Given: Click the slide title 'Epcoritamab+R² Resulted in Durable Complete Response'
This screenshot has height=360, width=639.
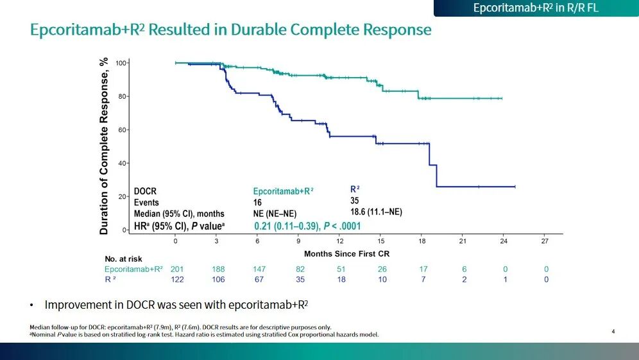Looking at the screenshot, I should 231,30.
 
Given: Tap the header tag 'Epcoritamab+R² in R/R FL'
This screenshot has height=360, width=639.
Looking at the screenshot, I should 536,8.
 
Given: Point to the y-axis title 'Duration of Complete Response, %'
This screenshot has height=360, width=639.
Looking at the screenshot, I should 104,146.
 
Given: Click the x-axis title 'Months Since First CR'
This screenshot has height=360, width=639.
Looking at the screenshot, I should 346,254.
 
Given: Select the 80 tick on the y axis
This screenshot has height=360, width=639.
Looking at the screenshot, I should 121,96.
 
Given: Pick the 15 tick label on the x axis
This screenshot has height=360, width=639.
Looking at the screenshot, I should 381,241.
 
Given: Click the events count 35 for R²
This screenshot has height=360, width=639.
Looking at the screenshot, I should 355,201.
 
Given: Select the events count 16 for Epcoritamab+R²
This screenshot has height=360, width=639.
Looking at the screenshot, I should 258,202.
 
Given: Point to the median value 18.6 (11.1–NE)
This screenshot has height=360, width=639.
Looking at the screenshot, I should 376,212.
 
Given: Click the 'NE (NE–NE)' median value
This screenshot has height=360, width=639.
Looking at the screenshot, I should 275,214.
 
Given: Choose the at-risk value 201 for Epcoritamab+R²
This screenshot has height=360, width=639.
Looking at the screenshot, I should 177,270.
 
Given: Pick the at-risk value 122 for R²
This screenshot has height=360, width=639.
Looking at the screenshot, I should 177,280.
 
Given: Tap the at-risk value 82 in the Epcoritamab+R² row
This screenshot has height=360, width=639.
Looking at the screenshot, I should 300,270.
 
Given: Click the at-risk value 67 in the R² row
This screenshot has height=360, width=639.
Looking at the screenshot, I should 259,280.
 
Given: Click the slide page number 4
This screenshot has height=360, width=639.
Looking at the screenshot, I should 613,331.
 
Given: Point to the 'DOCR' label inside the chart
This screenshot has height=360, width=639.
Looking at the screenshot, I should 145,191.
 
